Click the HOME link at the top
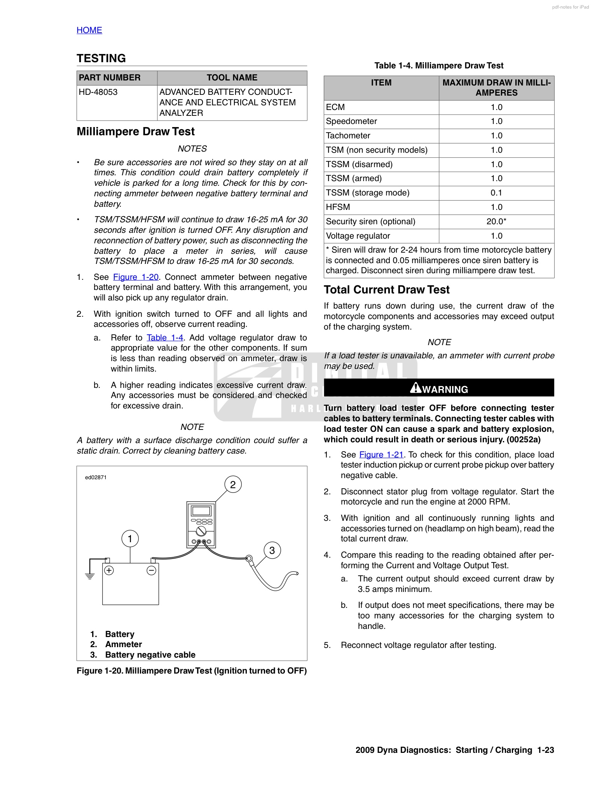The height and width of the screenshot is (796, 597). (x=89, y=30)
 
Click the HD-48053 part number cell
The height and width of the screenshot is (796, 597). (x=98, y=92)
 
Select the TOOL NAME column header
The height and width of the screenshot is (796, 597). (x=232, y=78)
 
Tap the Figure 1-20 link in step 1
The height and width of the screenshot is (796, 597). (x=136, y=277)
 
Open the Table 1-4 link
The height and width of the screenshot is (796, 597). (x=165, y=338)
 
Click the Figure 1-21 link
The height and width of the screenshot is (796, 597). (x=381, y=455)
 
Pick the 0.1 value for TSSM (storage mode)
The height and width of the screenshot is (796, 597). (x=496, y=193)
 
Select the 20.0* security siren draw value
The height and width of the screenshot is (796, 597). (x=496, y=222)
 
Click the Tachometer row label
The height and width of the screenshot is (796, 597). (x=348, y=136)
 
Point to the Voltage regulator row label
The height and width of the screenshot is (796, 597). (x=358, y=236)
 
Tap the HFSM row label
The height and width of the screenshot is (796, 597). (x=338, y=207)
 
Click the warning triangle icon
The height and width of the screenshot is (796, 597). (x=415, y=388)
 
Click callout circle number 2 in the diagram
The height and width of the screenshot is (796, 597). (x=233, y=485)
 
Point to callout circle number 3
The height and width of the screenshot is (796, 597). (x=272, y=550)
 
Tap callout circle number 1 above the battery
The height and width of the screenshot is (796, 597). (x=130, y=539)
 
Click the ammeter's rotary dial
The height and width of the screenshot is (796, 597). (x=201, y=531)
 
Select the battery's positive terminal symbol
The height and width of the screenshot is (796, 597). (x=109, y=571)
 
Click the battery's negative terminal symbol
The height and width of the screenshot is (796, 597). (x=152, y=571)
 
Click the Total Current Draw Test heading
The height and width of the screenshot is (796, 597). (x=386, y=290)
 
